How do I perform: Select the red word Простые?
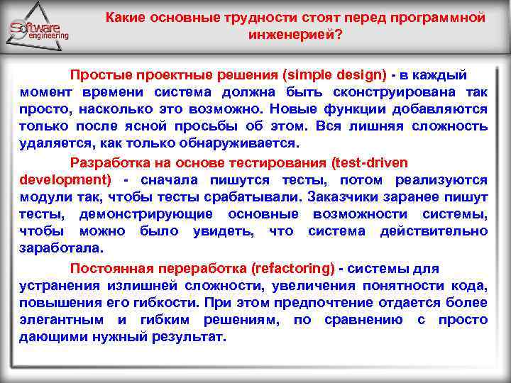point(97,75)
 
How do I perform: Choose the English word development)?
point(65,179)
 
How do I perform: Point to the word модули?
point(41,196)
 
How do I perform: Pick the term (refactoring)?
point(292,269)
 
